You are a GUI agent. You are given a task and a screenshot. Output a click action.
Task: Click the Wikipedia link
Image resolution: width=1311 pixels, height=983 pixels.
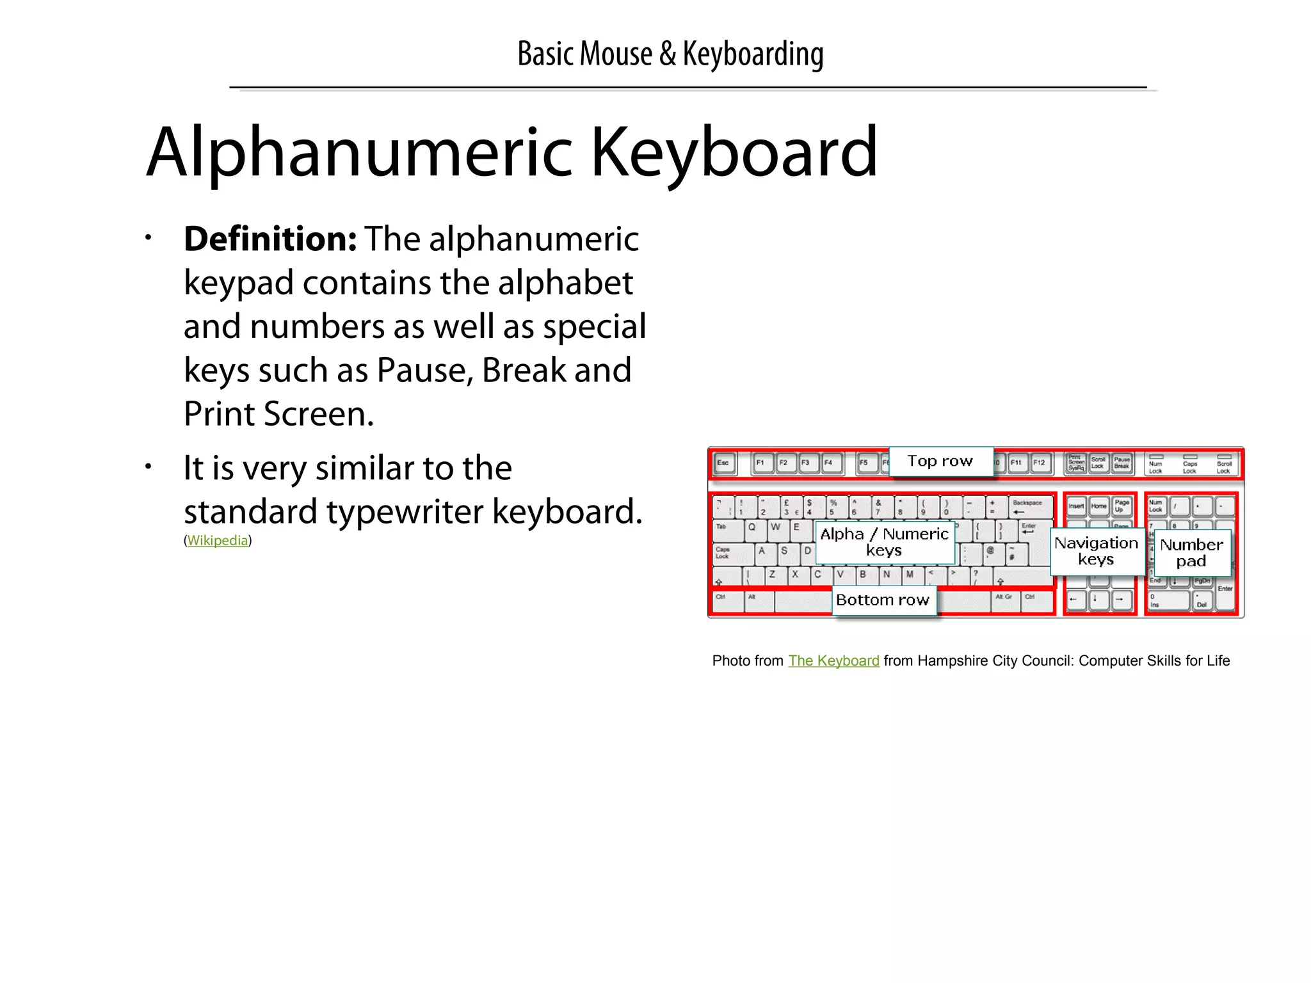point(217,541)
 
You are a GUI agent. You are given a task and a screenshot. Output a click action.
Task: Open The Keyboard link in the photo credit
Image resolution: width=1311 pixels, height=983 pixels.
point(833,660)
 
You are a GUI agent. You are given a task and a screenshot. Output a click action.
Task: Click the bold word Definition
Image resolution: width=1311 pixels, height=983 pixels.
point(269,239)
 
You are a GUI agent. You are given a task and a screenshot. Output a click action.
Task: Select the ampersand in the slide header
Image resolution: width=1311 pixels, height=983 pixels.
point(667,54)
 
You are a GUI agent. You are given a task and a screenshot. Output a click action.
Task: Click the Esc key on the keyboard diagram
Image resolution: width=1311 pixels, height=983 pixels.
point(724,463)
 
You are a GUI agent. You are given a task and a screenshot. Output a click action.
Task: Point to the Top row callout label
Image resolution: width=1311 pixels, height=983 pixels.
point(940,461)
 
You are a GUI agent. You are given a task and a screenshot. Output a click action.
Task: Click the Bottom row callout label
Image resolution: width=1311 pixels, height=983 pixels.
point(883,600)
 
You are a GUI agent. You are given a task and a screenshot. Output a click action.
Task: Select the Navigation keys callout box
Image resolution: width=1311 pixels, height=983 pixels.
point(1096,551)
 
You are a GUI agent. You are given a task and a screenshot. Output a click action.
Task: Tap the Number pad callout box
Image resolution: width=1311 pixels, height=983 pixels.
point(1191,553)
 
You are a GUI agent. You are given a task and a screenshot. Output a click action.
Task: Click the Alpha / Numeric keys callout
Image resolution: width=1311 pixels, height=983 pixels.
point(884,542)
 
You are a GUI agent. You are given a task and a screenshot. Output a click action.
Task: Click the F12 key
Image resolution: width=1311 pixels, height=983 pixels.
point(1040,463)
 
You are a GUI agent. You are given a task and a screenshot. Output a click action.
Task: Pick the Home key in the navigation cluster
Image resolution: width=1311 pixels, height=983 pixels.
point(1099,507)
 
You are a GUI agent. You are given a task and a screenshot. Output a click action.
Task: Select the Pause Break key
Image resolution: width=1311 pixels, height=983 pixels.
point(1122,463)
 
